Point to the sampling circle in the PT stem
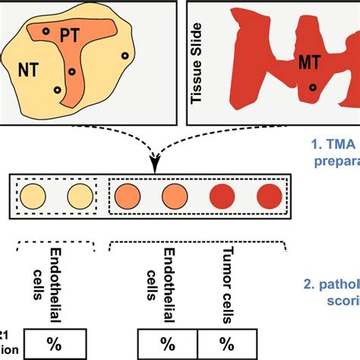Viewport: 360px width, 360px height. (x=71, y=72)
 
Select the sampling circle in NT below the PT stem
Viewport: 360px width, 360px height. (x=58, y=90)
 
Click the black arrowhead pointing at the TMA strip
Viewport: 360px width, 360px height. (x=156, y=163)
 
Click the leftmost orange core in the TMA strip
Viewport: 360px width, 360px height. (x=125, y=197)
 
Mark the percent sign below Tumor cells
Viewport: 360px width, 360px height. (x=226, y=343)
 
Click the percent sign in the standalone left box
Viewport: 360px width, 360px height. (x=55, y=343)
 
